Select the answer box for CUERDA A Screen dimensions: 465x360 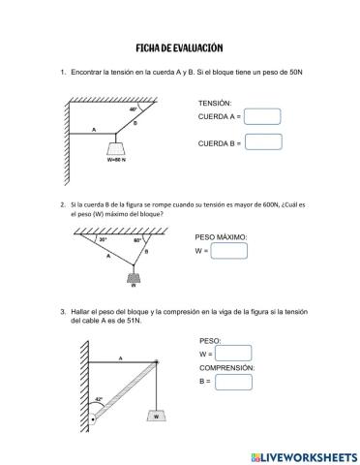(x=262, y=117)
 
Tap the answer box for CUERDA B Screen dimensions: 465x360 (x=262, y=142)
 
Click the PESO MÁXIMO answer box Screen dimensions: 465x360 (x=228, y=251)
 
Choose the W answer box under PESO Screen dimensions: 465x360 (x=233, y=355)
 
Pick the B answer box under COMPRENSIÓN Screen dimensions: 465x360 (x=233, y=382)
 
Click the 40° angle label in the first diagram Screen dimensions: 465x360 (x=134, y=109)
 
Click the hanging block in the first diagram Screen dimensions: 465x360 (x=117, y=147)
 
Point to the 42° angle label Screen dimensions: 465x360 (x=99, y=398)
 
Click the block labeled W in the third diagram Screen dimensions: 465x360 (x=155, y=416)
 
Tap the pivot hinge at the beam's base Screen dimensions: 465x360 (x=93, y=420)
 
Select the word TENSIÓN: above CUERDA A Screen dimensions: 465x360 (x=215, y=103)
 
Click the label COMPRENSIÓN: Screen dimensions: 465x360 (x=227, y=368)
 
